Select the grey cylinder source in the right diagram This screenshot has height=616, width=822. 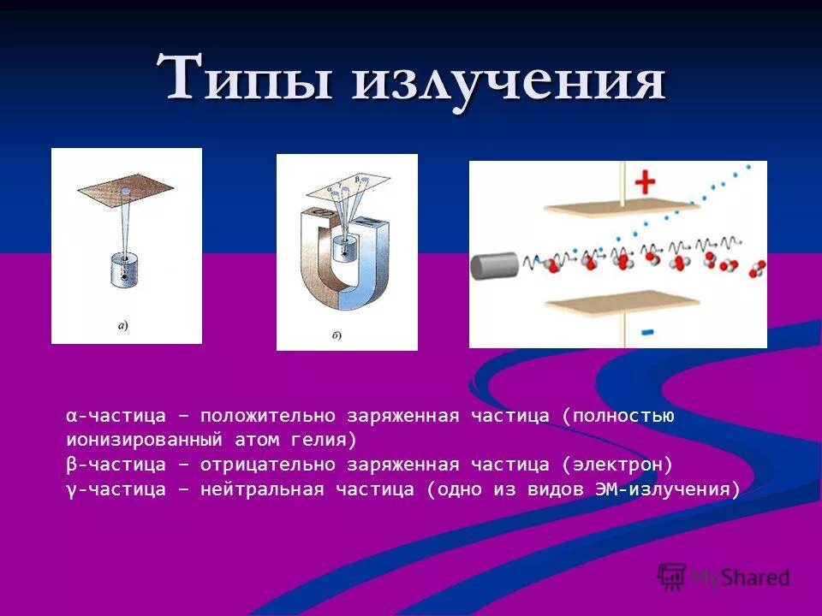494,266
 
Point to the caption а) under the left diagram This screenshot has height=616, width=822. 122,325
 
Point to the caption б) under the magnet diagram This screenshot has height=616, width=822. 336,335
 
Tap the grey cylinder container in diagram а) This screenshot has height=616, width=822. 126,269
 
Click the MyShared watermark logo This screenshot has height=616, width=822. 724,577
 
